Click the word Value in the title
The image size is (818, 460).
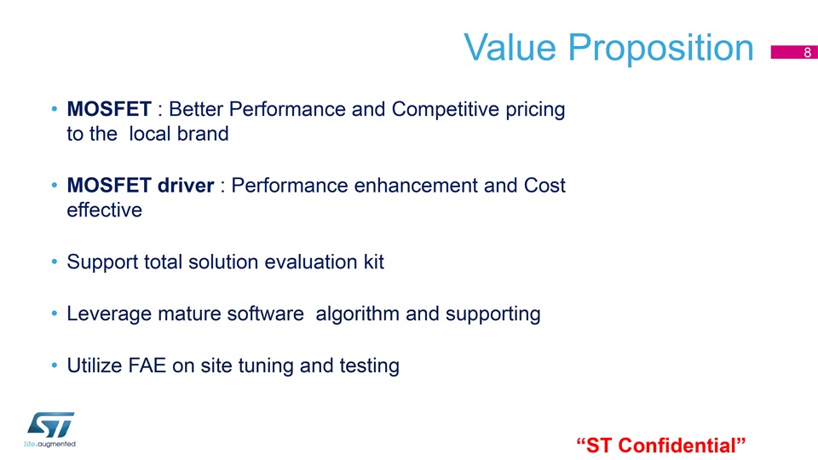coord(510,48)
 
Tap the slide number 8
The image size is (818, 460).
coord(807,52)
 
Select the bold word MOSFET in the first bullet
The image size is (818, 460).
coord(109,109)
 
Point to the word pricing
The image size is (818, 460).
coord(535,110)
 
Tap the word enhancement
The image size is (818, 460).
coord(416,186)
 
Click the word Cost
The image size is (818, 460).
coord(544,186)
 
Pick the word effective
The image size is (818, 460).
coord(104,210)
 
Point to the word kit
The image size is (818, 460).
coord(373,262)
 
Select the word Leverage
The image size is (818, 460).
coord(109,314)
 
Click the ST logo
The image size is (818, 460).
coord(50,429)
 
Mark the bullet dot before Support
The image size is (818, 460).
coord(55,262)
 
